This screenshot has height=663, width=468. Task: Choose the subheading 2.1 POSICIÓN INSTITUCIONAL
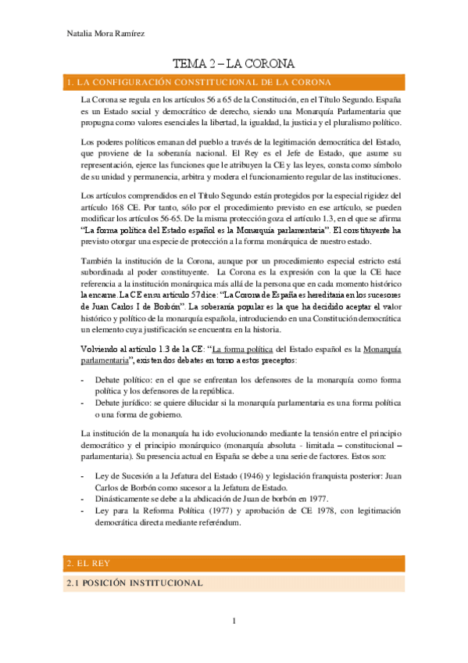coord(134,582)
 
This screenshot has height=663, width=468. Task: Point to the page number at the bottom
coord(234,622)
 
